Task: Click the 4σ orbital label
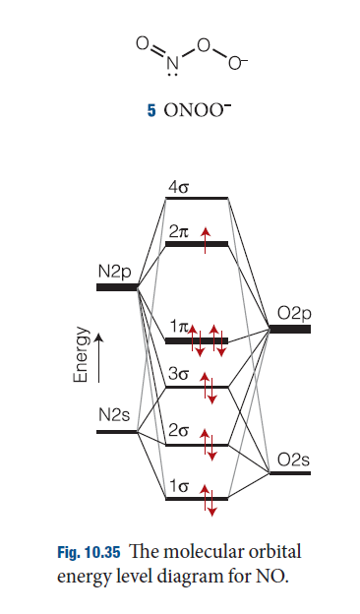point(178,188)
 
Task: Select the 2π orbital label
point(179,232)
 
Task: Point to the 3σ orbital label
point(178,374)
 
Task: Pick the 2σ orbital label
point(178,431)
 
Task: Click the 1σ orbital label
point(179,486)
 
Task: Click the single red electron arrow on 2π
point(205,240)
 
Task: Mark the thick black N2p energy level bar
point(117,287)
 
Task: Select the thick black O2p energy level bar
point(289,329)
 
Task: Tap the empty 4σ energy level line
point(197,198)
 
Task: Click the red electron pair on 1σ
point(209,501)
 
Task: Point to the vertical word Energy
point(81,354)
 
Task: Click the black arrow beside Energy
point(99,357)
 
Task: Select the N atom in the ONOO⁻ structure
point(172,63)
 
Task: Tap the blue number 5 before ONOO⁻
point(151,111)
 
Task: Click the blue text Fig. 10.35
point(89,552)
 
